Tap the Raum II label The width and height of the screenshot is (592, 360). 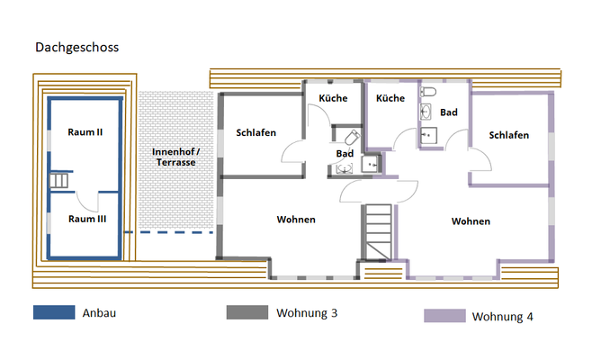coord(85,131)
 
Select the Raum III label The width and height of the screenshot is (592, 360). coord(85,218)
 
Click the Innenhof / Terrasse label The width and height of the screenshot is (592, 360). coord(175,156)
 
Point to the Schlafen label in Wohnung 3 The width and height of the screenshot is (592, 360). coord(256,132)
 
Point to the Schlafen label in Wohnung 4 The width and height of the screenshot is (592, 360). coord(509,135)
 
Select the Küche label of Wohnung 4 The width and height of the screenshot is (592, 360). coord(390,98)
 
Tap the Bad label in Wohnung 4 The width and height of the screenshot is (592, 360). coord(449,112)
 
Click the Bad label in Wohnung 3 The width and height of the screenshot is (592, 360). coord(345,153)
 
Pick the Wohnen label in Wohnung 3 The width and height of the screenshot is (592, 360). coord(296,219)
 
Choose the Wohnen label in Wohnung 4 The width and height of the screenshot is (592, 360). coord(471,220)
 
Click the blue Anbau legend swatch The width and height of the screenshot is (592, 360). coord(53,313)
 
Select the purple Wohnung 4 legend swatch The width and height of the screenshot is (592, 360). coord(444,316)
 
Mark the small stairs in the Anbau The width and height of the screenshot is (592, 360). coord(59,181)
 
